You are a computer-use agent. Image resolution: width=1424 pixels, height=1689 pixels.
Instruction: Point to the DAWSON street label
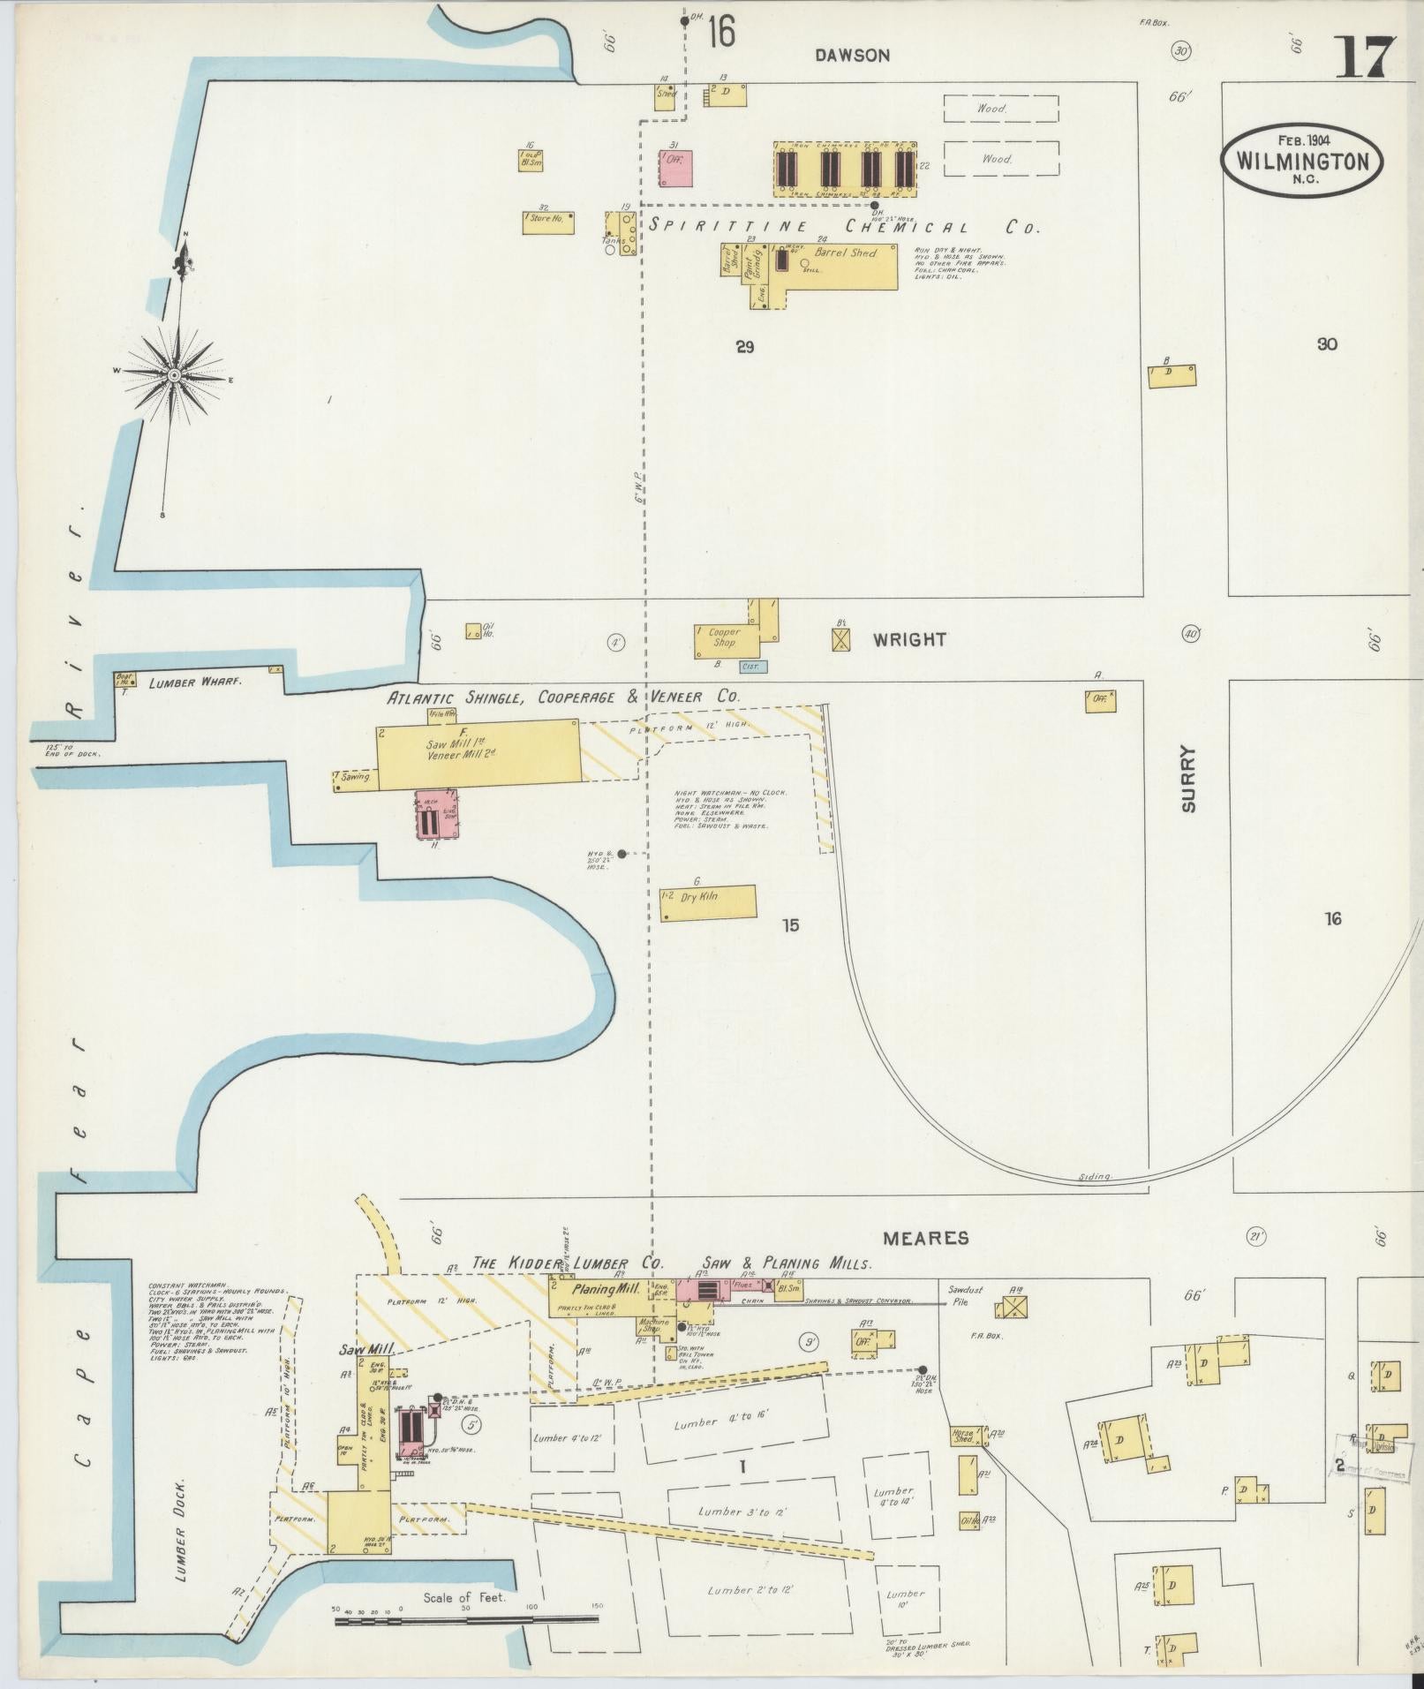pos(852,56)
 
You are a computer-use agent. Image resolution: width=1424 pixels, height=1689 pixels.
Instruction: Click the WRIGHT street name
pos(909,639)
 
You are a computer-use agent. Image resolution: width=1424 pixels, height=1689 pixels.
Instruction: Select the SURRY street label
pos(1188,780)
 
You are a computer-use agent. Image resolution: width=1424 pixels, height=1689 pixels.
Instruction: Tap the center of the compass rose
pos(175,376)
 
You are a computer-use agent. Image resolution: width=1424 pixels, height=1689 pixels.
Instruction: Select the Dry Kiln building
pos(707,903)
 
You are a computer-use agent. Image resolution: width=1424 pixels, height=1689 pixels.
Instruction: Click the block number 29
pos(744,348)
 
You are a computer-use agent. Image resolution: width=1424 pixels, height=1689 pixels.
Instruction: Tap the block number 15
pos(789,925)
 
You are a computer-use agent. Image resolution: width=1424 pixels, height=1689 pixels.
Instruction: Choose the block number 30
pos(1326,345)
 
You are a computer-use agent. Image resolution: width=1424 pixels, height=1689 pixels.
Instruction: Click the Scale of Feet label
pos(464,1598)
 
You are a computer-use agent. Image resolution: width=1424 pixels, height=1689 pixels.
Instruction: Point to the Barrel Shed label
pos(845,253)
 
